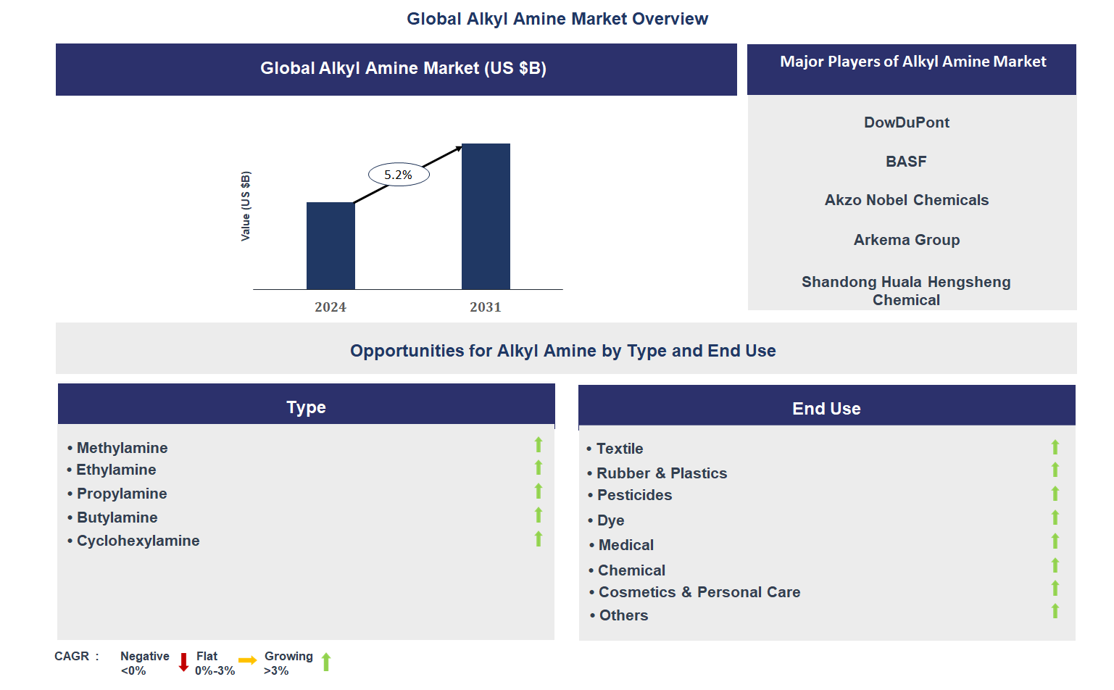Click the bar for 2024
click(331, 246)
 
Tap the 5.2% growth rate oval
click(399, 175)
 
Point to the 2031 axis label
click(485, 307)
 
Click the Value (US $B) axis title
click(246, 207)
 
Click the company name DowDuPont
click(906, 122)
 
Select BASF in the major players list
click(906, 162)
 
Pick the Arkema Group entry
click(906, 240)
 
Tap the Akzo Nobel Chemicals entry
click(906, 200)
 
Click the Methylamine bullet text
click(122, 448)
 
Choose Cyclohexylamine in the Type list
click(138, 541)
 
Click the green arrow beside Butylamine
click(539, 515)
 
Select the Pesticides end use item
click(634, 495)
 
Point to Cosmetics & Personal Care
click(699, 592)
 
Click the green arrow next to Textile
click(1055, 447)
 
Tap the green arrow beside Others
click(1055, 611)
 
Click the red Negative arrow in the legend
click(183, 662)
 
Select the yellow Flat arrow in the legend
click(247, 660)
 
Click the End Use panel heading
click(826, 409)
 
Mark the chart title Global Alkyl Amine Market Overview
click(557, 19)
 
